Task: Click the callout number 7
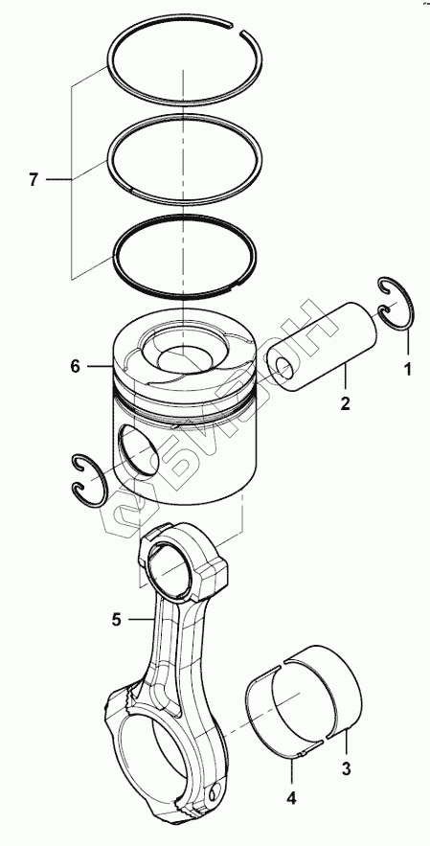pyautogui.click(x=34, y=180)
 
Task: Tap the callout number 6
pyautogui.click(x=75, y=367)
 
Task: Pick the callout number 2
pyautogui.click(x=346, y=402)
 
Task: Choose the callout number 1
pyautogui.click(x=408, y=369)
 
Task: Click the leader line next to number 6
pyautogui.click(x=99, y=367)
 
